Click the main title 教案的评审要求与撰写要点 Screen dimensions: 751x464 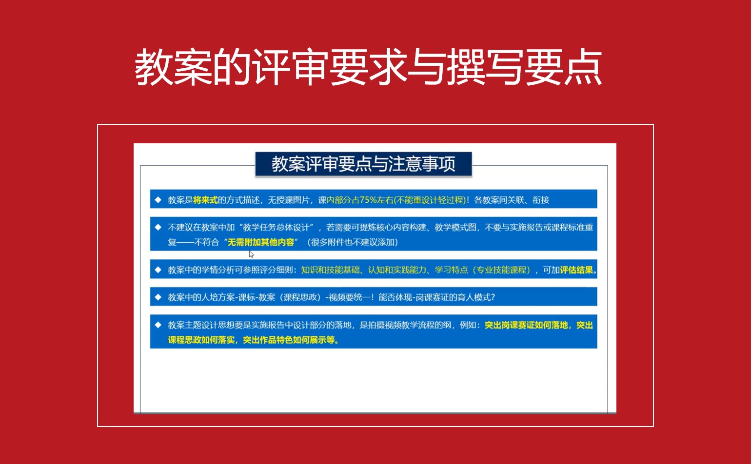[x=368, y=67]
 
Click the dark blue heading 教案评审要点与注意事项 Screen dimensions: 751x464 [x=363, y=164]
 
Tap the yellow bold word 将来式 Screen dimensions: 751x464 [x=205, y=200]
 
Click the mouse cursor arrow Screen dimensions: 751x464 [x=251, y=254]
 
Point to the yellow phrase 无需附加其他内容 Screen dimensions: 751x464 [x=260, y=242]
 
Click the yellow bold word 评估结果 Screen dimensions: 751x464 [x=576, y=270]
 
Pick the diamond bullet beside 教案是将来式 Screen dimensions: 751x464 [x=158, y=200]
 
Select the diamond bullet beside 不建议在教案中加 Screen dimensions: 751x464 [x=158, y=228]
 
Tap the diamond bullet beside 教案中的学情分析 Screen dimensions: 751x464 [x=158, y=270]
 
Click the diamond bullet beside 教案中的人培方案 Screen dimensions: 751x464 [x=158, y=297]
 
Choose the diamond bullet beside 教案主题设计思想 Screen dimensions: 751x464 [x=158, y=325]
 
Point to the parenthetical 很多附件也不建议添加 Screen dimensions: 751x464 [x=353, y=242]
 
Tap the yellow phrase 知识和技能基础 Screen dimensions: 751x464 [x=330, y=270]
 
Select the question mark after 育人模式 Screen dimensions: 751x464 [x=493, y=297]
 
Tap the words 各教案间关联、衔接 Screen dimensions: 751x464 [x=512, y=200]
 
